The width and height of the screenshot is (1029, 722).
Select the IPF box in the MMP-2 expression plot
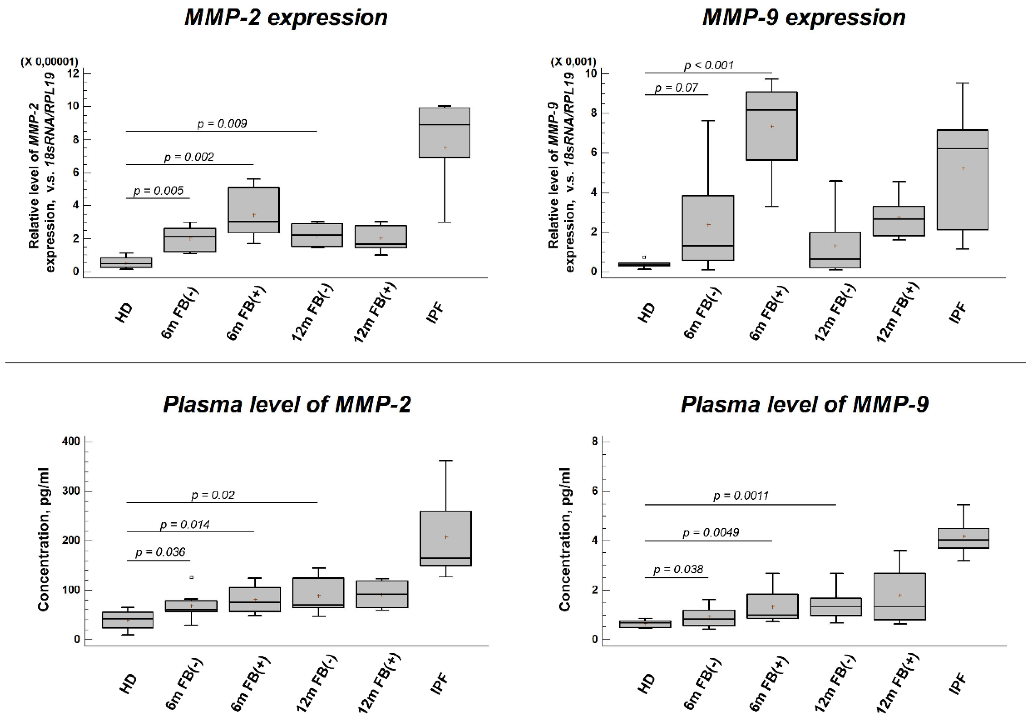tap(444, 133)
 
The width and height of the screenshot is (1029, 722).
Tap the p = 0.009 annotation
tap(222, 124)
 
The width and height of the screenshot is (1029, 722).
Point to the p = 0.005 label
tap(158, 191)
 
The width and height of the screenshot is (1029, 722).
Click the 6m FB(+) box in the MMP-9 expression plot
tap(771, 126)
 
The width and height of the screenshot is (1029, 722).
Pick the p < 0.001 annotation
tap(708, 65)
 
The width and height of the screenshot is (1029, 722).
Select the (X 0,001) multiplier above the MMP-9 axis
tap(573, 61)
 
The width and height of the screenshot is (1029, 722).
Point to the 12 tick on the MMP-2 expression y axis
tap(73, 73)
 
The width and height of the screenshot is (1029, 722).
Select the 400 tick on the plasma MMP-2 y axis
tap(71, 442)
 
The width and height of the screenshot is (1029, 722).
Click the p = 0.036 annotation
tap(160, 552)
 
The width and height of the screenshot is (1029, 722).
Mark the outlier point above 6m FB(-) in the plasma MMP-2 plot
tap(192, 577)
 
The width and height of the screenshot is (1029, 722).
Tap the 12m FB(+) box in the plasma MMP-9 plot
tap(900, 596)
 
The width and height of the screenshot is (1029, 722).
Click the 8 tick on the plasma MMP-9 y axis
tap(594, 442)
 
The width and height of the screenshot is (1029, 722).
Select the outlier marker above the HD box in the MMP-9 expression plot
tap(644, 258)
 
